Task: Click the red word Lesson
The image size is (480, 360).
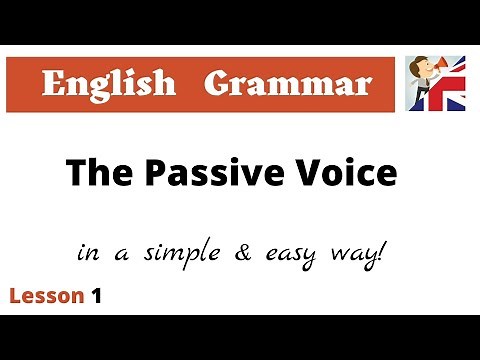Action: coord(45,296)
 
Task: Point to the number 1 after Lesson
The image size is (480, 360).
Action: coord(96,296)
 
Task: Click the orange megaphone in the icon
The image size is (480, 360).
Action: coord(441,72)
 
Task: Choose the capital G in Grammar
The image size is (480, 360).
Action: coord(217,84)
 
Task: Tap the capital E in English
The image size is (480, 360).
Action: coord(54,84)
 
